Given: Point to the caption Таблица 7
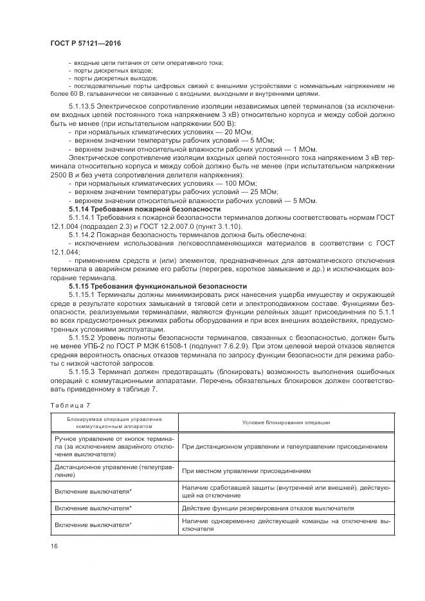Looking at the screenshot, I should (67, 404).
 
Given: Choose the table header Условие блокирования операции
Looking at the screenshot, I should (286, 422).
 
